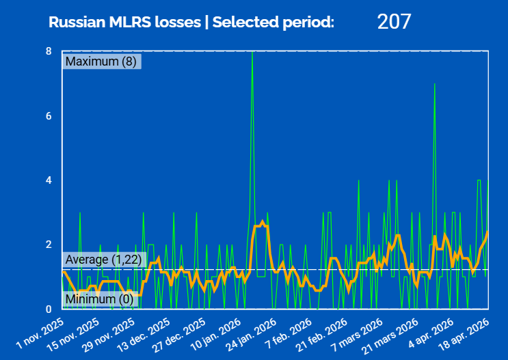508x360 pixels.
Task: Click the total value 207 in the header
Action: (x=394, y=21)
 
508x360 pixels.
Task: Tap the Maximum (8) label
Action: (x=101, y=61)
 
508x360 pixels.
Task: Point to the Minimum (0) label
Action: (x=100, y=299)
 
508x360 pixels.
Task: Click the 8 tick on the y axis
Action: (x=49, y=51)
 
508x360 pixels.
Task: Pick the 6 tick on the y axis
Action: (x=49, y=116)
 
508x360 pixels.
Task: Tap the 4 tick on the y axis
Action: (x=49, y=180)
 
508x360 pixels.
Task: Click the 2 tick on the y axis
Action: (x=49, y=245)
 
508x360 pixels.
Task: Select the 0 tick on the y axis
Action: (x=49, y=309)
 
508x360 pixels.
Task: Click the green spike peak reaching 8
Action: (x=253, y=53)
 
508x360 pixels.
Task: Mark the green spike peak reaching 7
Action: (x=435, y=85)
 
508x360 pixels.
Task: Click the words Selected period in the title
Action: (x=273, y=22)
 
